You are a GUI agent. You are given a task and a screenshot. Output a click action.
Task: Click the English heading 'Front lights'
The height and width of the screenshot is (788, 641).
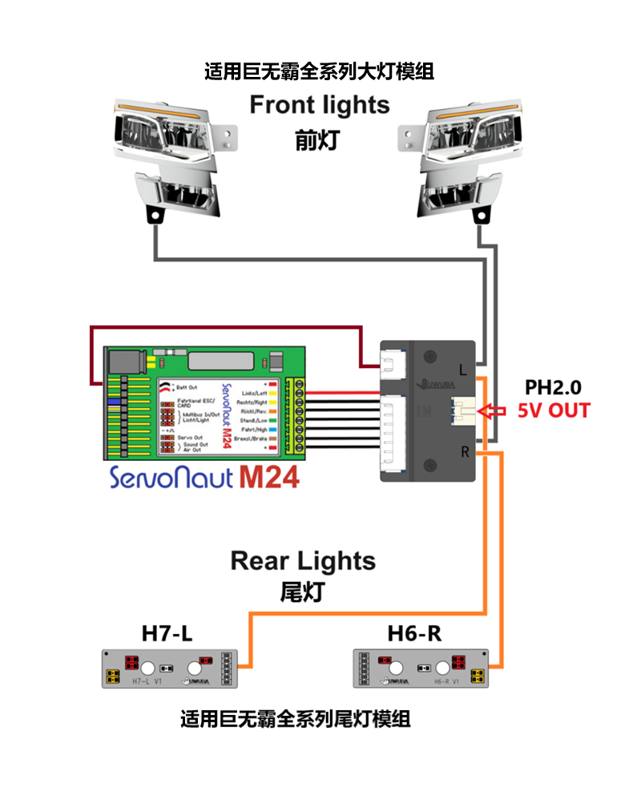click(x=320, y=105)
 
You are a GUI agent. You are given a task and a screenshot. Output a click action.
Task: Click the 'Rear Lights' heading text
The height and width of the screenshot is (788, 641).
click(x=303, y=560)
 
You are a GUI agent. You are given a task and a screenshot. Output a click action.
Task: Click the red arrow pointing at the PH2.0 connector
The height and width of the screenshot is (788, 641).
click(x=490, y=412)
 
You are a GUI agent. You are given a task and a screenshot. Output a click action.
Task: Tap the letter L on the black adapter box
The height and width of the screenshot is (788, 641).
click(x=463, y=370)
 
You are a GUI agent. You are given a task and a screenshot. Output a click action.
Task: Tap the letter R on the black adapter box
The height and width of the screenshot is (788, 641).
click(x=463, y=451)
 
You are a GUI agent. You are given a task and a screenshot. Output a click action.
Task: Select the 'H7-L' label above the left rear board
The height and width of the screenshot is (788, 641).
click(x=167, y=633)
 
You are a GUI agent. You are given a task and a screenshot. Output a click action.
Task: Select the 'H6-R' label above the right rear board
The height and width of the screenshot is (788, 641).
click(x=414, y=633)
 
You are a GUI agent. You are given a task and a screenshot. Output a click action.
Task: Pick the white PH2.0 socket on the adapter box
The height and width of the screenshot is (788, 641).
click(x=463, y=411)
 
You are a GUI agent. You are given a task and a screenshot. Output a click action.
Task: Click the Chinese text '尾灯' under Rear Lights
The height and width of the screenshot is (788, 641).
click(x=302, y=592)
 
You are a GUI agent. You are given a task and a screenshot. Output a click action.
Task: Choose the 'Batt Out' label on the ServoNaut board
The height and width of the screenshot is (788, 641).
click(x=185, y=388)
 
